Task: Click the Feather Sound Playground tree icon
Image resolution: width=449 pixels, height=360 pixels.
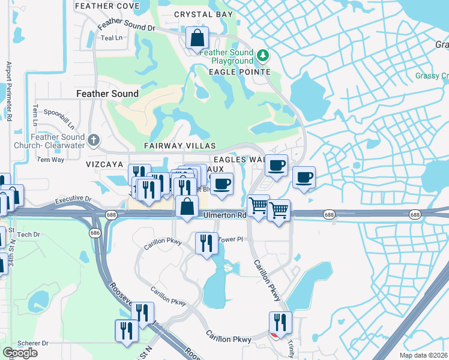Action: [x=262, y=56]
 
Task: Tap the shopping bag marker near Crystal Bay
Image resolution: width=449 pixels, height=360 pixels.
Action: [x=197, y=38]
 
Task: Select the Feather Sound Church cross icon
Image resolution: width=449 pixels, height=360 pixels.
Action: [x=93, y=140]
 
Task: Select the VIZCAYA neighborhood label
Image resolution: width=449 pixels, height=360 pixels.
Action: [x=104, y=163]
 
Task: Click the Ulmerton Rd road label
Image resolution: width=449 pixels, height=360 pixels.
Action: [x=225, y=215]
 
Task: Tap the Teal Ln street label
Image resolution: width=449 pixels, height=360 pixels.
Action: [x=112, y=38]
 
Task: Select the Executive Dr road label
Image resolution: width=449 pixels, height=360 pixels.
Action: [x=72, y=199]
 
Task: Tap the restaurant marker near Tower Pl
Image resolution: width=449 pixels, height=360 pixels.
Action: [x=206, y=244]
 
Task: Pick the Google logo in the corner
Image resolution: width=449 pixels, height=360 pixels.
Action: [x=20, y=353]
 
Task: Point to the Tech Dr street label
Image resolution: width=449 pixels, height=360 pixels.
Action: [x=28, y=235]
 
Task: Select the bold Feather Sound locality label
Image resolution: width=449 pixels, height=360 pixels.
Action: [x=107, y=94]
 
